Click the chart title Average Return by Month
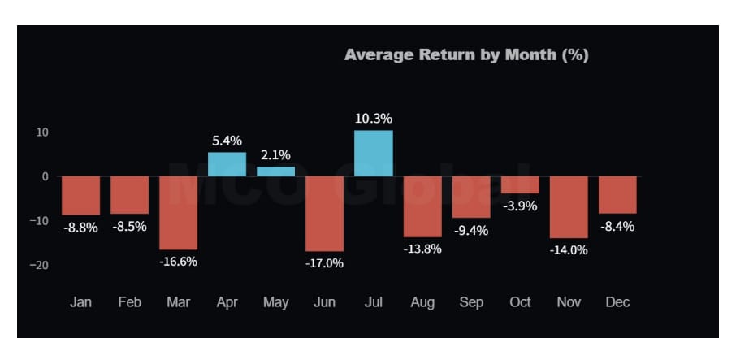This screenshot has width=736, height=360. tap(466, 55)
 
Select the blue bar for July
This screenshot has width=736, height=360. tap(374, 153)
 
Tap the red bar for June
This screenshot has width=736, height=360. tap(324, 214)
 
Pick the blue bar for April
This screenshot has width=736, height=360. tap(227, 164)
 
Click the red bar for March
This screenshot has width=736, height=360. tap(179, 213)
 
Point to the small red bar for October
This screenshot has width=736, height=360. tap(520, 184)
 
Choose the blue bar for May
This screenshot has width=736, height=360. tap(275, 171)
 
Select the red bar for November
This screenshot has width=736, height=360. tap(569, 207)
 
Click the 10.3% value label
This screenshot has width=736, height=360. tap(374, 119)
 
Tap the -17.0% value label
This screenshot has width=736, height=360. tap(324, 263)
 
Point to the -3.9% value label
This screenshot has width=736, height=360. tap(520, 206)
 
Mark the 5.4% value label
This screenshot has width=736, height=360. tap(227, 141)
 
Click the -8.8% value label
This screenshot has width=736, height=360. tap(80, 228)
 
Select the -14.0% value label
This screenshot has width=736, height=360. tap(569, 250)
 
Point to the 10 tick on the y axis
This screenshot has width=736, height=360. tap(42, 132)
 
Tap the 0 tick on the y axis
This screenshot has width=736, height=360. tap(45, 177)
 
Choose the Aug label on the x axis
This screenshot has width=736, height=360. tap(422, 302)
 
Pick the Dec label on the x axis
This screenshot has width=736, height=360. tap(617, 301)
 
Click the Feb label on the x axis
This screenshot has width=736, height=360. tap(129, 301)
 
